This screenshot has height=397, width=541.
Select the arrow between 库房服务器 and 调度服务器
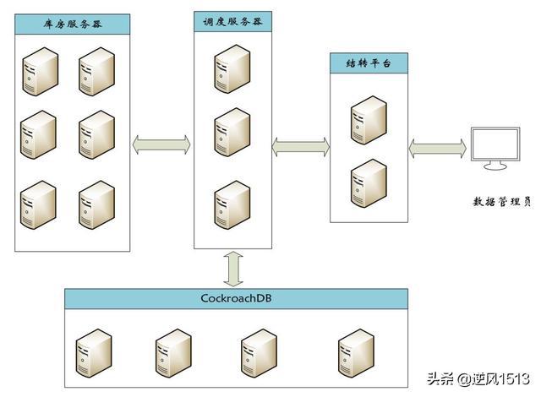tap(162, 145)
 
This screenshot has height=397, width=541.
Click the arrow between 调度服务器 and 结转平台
tap(301, 148)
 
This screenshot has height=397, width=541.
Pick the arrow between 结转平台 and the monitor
tap(437, 148)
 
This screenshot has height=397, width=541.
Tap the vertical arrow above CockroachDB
tap(233, 269)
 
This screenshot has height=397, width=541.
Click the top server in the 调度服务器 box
tap(232, 68)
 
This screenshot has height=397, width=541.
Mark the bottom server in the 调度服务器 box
tap(232, 204)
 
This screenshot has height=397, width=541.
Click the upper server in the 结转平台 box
tap(369, 119)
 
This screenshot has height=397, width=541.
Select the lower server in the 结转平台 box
tap(369, 182)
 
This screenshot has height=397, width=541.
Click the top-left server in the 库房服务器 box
tap(38, 71)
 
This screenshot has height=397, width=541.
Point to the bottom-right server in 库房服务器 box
tap(96, 204)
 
